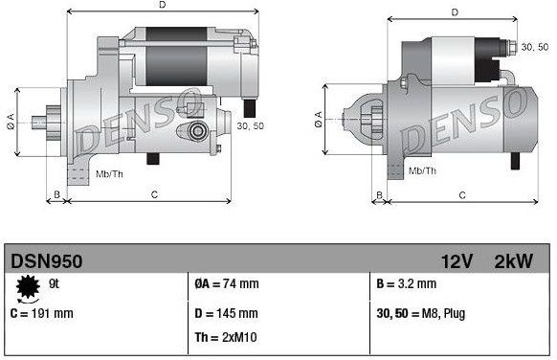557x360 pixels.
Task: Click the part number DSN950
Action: click(x=46, y=260)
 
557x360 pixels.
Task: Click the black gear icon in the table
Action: click(x=29, y=286)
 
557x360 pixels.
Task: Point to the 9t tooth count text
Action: click(x=55, y=283)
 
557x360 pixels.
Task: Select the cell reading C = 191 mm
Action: click(x=41, y=312)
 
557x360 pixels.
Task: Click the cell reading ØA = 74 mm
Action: click(x=227, y=284)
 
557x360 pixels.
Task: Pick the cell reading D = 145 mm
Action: click(x=226, y=313)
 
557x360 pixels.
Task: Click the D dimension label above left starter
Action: click(x=161, y=7)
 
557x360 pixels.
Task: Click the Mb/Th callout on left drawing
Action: click(x=110, y=173)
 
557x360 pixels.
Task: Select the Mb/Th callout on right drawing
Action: click(x=422, y=170)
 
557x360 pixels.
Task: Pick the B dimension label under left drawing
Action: click(x=56, y=194)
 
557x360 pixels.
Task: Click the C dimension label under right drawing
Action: click(x=462, y=194)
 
